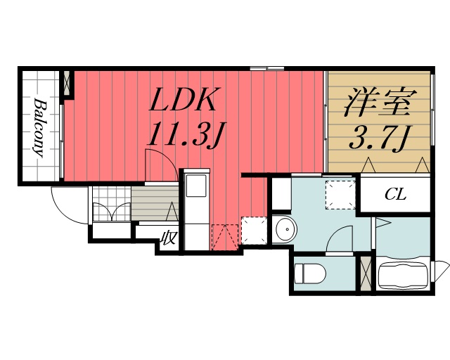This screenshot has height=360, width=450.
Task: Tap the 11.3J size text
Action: (184, 134)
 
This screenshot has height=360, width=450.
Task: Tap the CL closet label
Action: (395, 195)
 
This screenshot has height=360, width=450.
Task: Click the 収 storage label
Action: (169, 238)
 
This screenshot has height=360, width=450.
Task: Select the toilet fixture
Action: (307, 273)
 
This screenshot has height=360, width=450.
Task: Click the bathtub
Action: (403, 274)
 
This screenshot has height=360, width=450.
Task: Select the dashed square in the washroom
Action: (340, 195)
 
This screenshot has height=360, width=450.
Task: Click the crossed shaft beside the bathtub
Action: (366, 274)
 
